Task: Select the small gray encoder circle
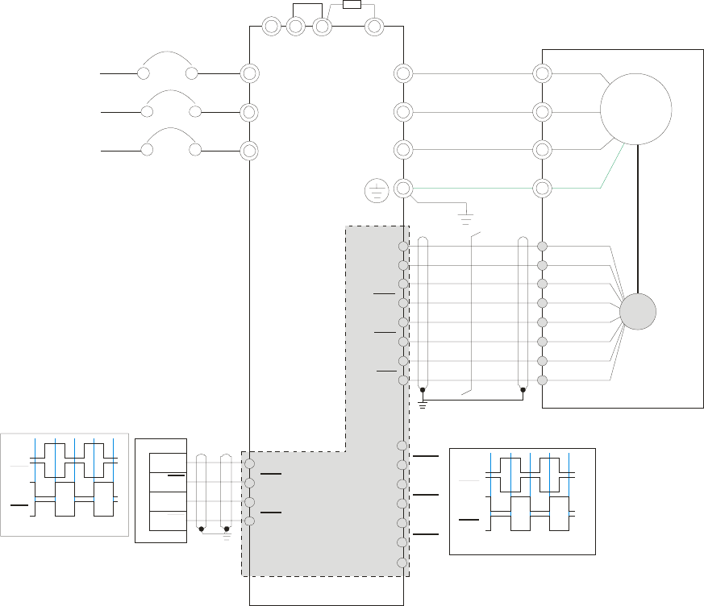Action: (637, 311)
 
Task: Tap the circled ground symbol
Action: (376, 191)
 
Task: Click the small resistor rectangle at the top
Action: (352, 4)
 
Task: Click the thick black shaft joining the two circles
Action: (637, 218)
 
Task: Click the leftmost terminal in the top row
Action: (272, 27)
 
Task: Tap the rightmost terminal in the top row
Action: (373, 27)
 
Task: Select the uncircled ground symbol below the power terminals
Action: (465, 217)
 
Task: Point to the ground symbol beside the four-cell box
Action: (227, 530)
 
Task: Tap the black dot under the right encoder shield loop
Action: (523, 390)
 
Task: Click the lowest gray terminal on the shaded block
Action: (402, 562)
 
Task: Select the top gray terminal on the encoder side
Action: (543, 246)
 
